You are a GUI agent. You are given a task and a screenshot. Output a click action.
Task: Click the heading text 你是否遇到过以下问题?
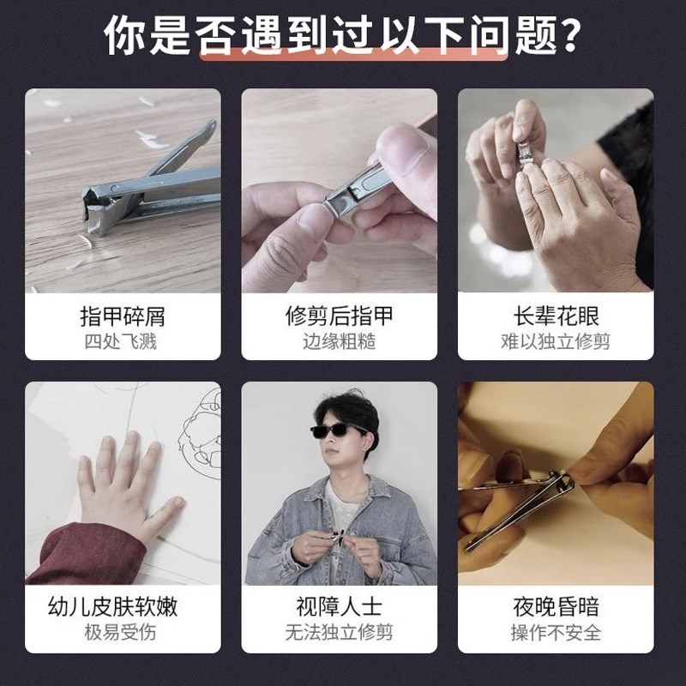(x=343, y=36)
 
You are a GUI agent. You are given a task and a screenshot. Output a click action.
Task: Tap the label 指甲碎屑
(x=123, y=316)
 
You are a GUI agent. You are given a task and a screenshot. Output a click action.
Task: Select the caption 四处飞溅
(x=123, y=342)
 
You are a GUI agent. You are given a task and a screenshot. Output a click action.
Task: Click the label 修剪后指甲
(x=340, y=316)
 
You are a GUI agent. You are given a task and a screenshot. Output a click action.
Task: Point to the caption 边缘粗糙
(x=340, y=342)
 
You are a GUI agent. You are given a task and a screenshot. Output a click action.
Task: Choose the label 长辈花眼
(x=556, y=316)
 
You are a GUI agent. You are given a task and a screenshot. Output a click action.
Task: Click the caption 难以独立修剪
(x=556, y=342)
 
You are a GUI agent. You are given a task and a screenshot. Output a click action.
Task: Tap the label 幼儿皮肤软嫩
(x=123, y=608)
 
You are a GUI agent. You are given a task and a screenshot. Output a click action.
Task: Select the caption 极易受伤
(x=123, y=634)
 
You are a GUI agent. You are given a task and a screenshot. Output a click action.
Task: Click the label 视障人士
(x=340, y=608)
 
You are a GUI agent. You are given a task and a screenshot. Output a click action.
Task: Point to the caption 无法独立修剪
(x=340, y=634)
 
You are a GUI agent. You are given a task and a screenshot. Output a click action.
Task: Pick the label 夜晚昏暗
(x=556, y=608)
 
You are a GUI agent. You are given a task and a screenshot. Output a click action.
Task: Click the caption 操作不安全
(x=556, y=634)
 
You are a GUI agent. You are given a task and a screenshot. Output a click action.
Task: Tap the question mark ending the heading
(x=565, y=36)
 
